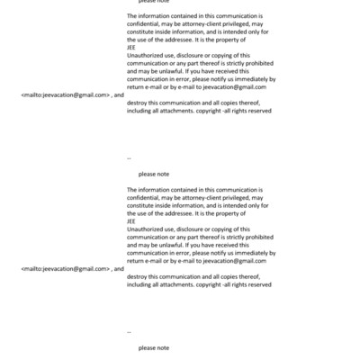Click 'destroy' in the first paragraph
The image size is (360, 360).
139,102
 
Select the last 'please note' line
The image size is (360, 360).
154,347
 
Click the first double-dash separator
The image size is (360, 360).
130,157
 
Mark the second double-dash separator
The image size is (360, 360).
130,331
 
